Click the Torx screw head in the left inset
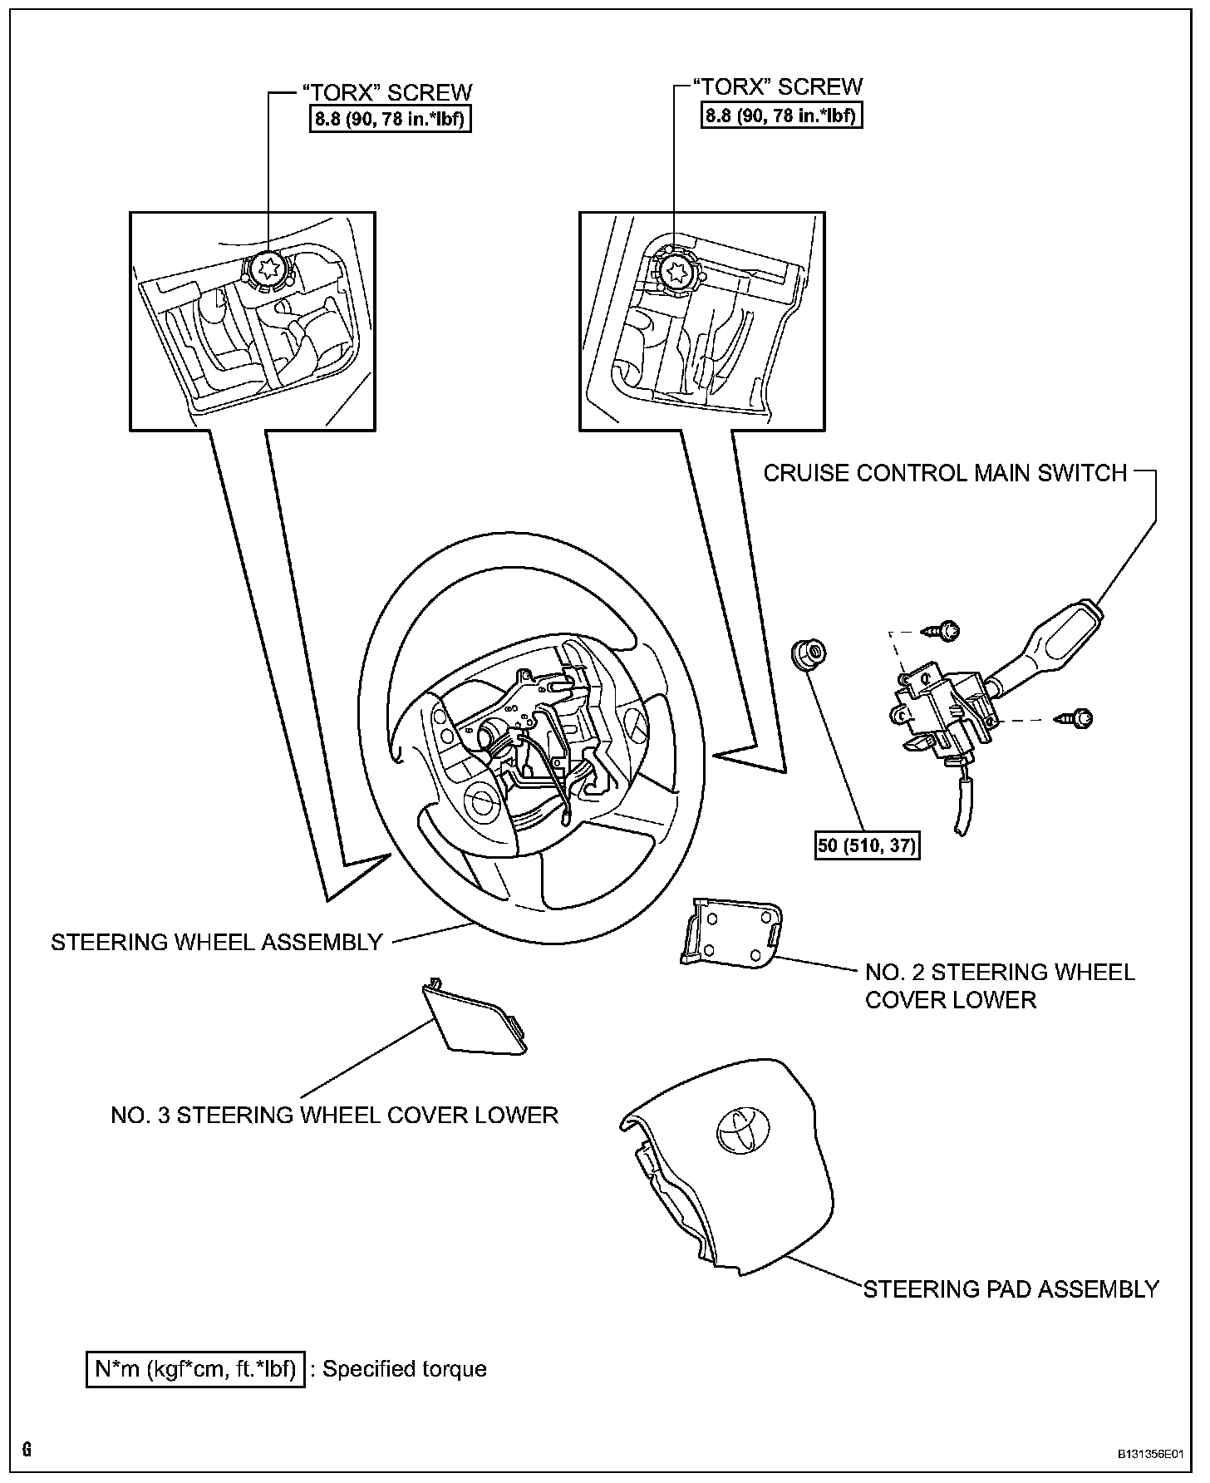coord(268,269)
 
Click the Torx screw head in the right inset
coord(675,269)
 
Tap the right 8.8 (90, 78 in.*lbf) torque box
coord(781,115)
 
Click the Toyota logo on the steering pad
coord(741,1130)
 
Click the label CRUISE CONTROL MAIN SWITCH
coord(945,473)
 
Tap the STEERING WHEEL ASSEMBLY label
coord(217,942)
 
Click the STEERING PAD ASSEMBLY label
coord(1011,1289)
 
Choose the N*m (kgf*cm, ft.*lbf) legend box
coord(195,1368)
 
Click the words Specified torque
coord(404,1369)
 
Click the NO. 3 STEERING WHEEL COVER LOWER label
coord(334,1115)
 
